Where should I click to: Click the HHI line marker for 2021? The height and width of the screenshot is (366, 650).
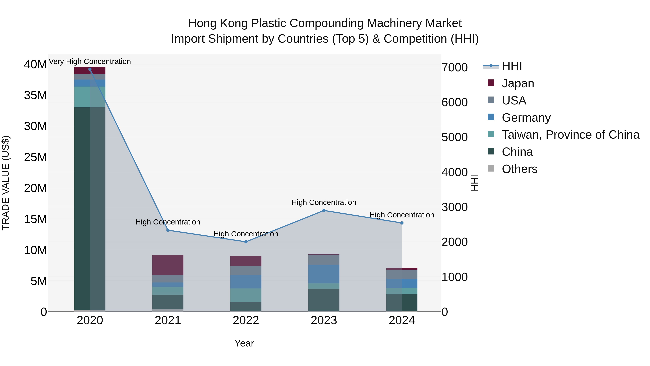coord(168,230)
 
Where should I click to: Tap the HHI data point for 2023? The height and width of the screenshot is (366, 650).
coord(324,210)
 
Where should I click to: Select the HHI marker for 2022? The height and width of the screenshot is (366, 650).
coord(246,242)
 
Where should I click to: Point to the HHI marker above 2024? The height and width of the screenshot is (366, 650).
coord(402,223)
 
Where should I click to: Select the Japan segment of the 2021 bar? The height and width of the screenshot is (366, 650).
coord(168,265)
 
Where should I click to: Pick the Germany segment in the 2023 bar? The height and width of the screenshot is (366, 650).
coord(324,274)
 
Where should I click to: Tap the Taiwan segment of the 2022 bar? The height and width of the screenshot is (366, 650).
coord(246,295)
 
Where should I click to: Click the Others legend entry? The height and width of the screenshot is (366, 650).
coord(519,169)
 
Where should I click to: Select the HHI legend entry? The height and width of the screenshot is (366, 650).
coord(512,66)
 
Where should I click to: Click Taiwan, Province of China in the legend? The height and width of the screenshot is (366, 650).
coord(570,135)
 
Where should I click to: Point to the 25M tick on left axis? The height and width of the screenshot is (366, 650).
coord(35,157)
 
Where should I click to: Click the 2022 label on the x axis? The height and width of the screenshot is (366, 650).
coord(246,320)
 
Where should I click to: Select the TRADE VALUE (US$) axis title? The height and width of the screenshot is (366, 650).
coord(6,183)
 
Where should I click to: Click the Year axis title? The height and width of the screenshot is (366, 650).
coord(244,343)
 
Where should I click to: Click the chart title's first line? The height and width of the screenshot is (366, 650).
coord(325,23)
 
